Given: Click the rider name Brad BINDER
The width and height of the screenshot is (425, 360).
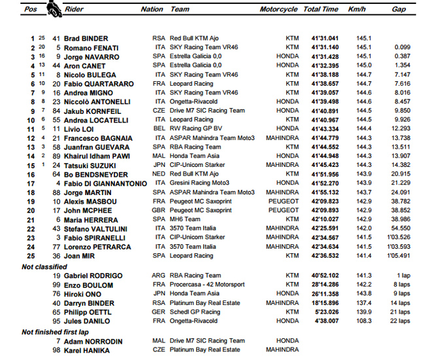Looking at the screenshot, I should (86, 39).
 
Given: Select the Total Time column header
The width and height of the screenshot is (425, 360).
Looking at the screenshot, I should (321, 10).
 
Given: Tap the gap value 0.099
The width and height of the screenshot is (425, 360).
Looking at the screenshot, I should (401, 48).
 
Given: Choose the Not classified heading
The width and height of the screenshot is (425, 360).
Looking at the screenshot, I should (44, 267).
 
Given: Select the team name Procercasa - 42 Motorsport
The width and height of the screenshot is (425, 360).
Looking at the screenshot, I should (207, 285).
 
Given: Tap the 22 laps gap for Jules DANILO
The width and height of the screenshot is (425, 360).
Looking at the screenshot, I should (399, 321).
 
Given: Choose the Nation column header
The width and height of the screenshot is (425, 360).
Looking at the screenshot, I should (152, 10).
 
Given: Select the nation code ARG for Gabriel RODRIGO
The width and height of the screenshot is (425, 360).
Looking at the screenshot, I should (158, 276).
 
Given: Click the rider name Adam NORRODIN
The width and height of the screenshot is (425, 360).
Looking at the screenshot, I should (90, 341).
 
